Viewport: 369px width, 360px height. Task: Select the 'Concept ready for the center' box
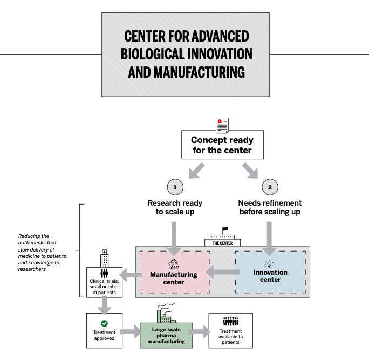click(221, 144)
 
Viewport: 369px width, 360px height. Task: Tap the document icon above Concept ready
click(221, 123)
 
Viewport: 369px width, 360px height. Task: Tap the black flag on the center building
click(225, 229)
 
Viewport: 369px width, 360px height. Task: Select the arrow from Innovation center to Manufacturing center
click(223, 273)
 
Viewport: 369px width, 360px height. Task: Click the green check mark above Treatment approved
click(104, 323)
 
